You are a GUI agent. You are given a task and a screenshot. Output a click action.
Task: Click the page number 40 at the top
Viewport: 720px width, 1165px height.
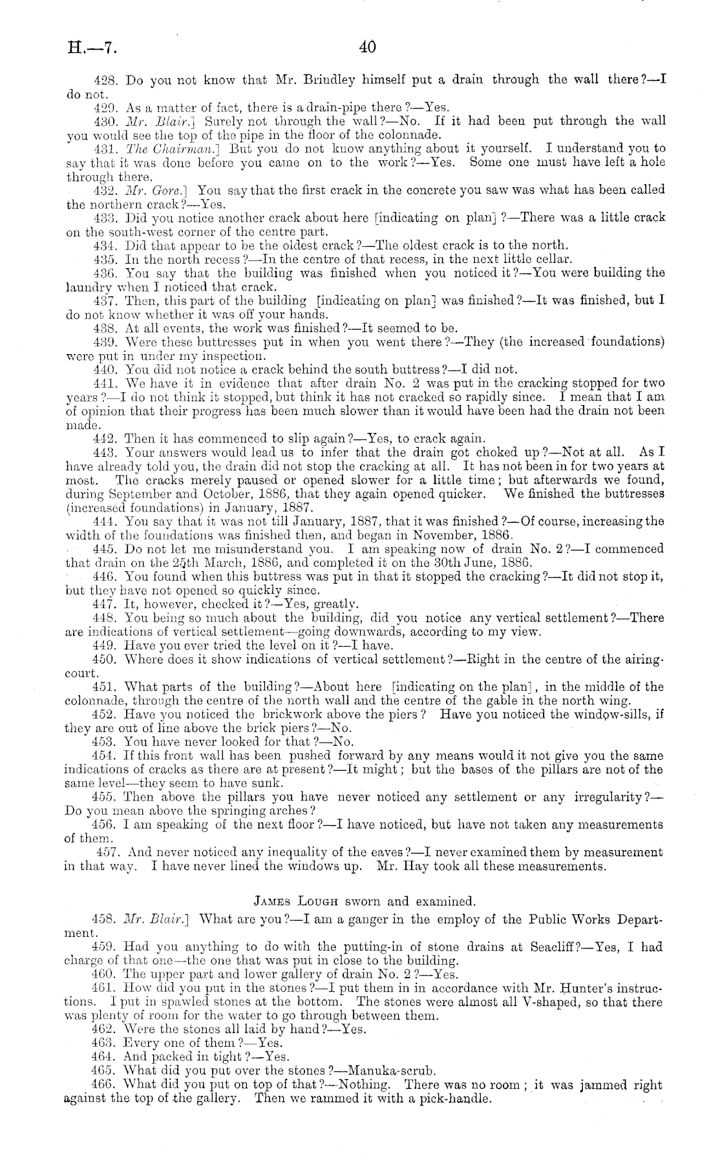click(x=367, y=47)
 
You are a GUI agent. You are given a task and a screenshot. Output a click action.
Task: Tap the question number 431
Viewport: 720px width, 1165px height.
click(x=105, y=149)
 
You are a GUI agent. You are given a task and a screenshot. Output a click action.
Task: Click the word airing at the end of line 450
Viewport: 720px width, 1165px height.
click(x=642, y=659)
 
